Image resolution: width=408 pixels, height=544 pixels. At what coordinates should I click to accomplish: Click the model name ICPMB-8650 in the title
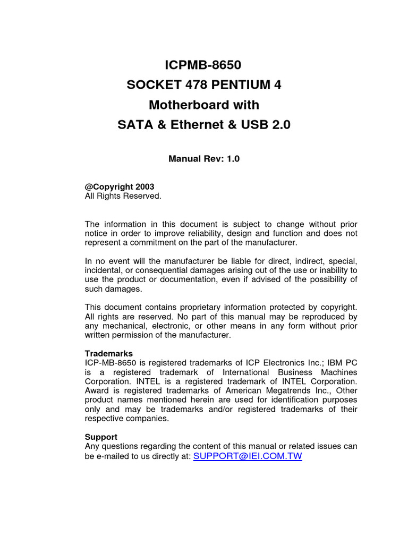pyautogui.click(x=204, y=65)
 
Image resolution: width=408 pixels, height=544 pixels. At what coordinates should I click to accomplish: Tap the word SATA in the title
pyautogui.click(x=133, y=125)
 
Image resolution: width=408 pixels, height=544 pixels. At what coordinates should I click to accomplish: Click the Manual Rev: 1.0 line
pyautogui.click(x=204, y=159)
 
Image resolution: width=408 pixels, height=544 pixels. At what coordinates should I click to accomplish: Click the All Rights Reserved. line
pyautogui.click(x=123, y=196)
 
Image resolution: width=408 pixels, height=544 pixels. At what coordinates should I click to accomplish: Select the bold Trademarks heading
pyautogui.click(x=109, y=353)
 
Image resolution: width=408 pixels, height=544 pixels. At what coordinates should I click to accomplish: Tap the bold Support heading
pyautogui.click(x=101, y=437)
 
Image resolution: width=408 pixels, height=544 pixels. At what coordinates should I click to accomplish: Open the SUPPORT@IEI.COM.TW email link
pyautogui.click(x=248, y=456)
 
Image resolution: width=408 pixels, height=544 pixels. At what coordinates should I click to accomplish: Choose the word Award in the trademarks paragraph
pyautogui.click(x=96, y=390)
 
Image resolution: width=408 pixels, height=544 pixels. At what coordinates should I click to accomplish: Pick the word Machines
pyautogui.click(x=338, y=372)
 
